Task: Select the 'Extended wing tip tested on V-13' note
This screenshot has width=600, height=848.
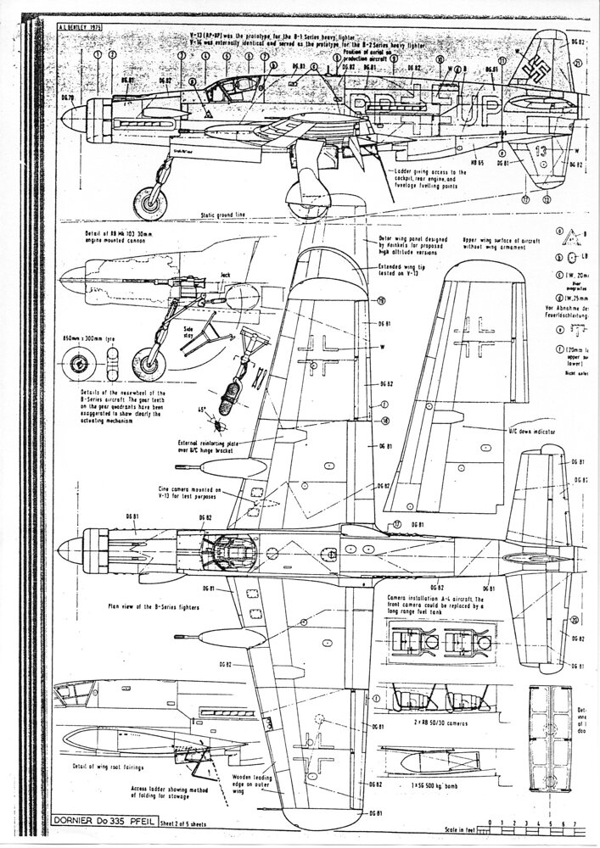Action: [x=406, y=271]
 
